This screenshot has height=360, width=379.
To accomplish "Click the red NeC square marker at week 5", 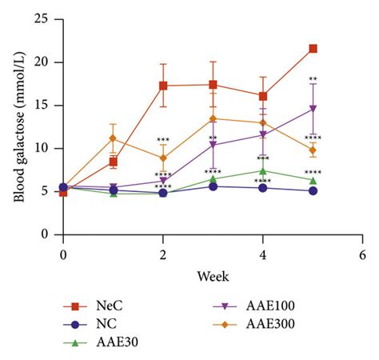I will tap(313, 48).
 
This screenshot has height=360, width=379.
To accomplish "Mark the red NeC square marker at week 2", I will tap(163, 86).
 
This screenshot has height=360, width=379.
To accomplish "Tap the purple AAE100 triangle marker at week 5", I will tap(313, 109).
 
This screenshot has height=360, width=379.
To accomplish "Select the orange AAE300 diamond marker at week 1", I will tap(114, 138).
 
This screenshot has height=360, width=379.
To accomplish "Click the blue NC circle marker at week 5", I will tap(313, 191).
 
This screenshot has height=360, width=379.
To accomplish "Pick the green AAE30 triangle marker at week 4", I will tap(263, 170).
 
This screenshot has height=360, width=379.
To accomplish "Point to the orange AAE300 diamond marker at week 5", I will tap(313, 150).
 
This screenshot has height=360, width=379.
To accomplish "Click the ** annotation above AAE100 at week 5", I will tap(313, 79).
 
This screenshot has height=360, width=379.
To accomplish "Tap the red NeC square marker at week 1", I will tap(114, 162).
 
